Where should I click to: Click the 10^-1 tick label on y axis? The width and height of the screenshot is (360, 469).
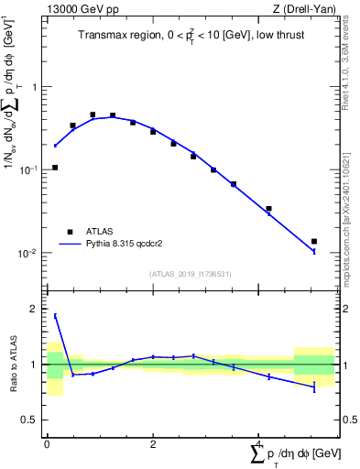click(x=30, y=170)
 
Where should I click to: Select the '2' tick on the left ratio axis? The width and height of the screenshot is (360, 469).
click(x=36, y=309)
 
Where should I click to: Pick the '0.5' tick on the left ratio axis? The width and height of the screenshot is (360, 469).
click(x=30, y=420)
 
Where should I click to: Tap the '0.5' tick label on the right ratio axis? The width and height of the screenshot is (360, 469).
click(x=351, y=420)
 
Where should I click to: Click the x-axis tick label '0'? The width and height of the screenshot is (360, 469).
click(x=47, y=444)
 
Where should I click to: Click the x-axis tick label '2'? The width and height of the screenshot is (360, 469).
click(x=153, y=444)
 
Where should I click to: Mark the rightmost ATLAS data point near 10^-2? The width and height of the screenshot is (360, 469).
click(x=314, y=242)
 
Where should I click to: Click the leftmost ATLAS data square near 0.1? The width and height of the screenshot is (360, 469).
click(x=55, y=168)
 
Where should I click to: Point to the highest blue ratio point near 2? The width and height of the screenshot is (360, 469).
click(x=55, y=316)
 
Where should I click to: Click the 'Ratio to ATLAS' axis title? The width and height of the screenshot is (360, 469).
click(x=13, y=365)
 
